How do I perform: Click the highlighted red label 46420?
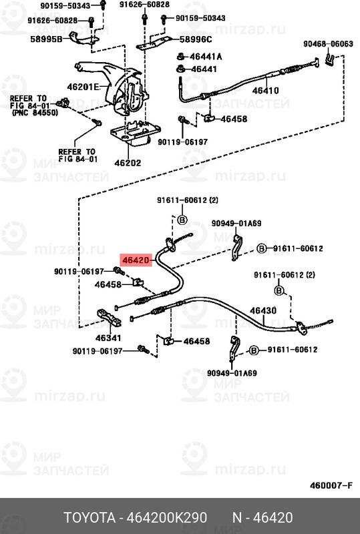coord(137,261)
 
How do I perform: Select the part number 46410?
coord(266,91)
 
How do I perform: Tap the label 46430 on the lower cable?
coord(263,310)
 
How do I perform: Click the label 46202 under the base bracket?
coord(128,162)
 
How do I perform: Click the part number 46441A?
coord(207,57)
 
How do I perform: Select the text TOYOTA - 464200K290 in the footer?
coord(134,518)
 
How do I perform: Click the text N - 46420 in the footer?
coord(262,518)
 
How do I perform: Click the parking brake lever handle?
coord(97,67)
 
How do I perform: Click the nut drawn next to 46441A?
coord(180,57)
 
